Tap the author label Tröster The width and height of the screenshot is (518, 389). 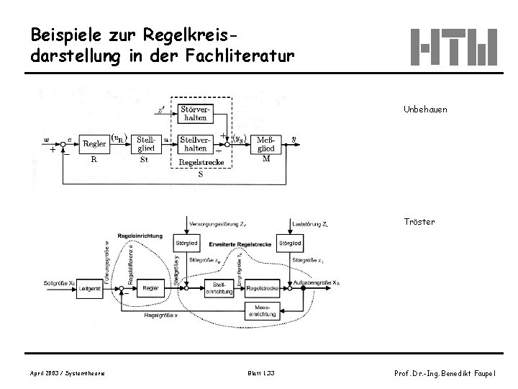pos(419,222)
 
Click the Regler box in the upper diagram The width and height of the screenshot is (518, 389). pos(95,144)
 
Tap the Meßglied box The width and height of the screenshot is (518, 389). pos(265,143)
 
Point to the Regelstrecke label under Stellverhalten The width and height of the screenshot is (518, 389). pos(201,162)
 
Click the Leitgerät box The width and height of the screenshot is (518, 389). pos(91,288)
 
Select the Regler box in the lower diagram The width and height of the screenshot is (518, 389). pos(150,288)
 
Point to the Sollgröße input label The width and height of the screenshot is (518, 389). pos(59,283)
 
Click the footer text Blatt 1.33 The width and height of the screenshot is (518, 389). pos(260,372)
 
